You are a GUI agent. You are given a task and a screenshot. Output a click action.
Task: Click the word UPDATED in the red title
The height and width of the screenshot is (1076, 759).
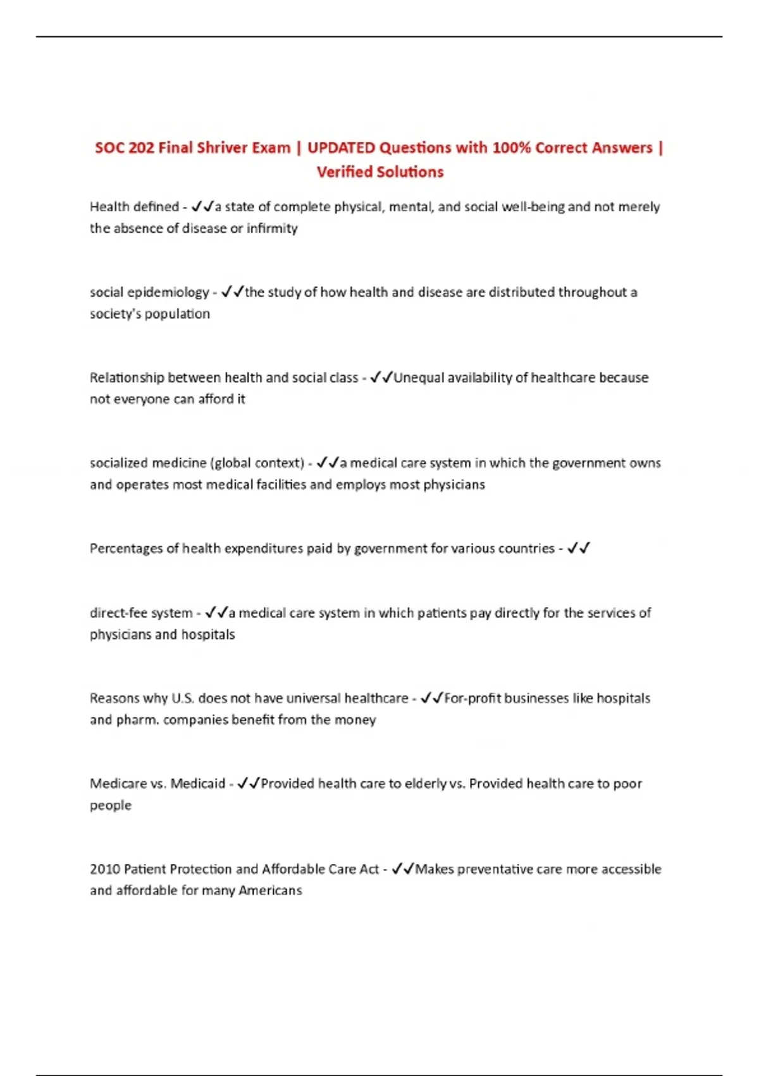(x=341, y=147)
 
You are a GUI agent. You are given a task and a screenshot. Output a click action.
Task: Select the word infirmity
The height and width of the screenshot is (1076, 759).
(x=272, y=228)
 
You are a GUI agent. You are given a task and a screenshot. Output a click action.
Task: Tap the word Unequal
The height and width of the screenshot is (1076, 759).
(x=419, y=378)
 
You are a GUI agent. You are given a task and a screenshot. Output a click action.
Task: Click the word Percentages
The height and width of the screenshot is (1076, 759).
(x=126, y=549)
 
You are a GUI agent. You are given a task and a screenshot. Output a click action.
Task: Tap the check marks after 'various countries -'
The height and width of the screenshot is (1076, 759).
(x=578, y=548)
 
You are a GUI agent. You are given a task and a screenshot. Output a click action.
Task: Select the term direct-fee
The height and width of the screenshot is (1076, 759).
(x=118, y=613)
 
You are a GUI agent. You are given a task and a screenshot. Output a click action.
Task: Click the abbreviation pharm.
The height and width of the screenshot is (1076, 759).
(x=137, y=720)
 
